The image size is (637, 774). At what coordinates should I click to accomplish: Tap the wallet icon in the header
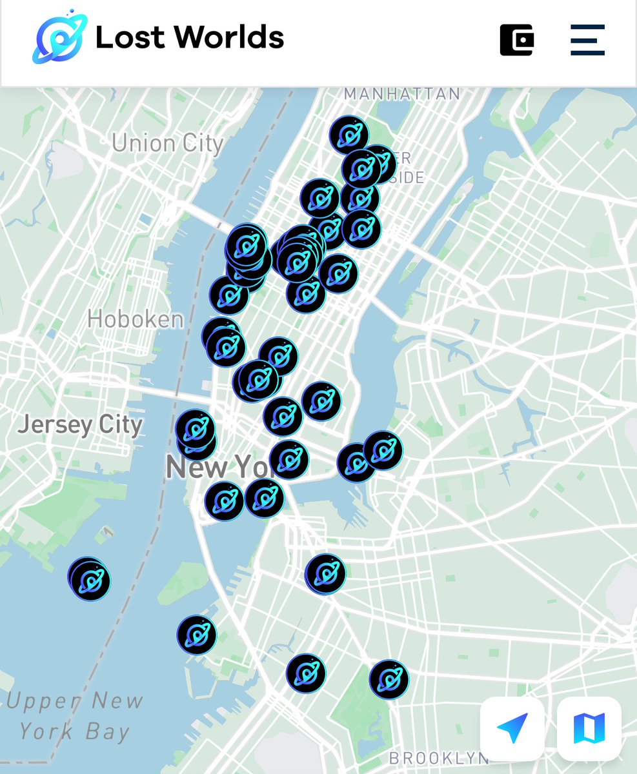(x=516, y=40)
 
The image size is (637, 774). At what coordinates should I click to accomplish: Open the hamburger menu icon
(x=587, y=40)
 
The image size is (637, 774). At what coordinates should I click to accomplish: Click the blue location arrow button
(x=512, y=728)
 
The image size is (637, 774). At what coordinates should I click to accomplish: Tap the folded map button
(x=589, y=728)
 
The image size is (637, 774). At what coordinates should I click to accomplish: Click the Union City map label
(x=167, y=143)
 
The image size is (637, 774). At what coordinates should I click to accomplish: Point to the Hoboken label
(x=136, y=319)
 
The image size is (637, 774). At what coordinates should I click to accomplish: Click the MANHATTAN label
(x=402, y=94)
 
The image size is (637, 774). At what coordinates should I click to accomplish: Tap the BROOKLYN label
(x=439, y=758)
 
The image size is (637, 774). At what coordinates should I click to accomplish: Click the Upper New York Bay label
(x=75, y=716)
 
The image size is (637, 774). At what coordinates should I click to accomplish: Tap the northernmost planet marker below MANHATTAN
(x=349, y=135)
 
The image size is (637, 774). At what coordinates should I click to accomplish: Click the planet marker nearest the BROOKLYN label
(x=389, y=679)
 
